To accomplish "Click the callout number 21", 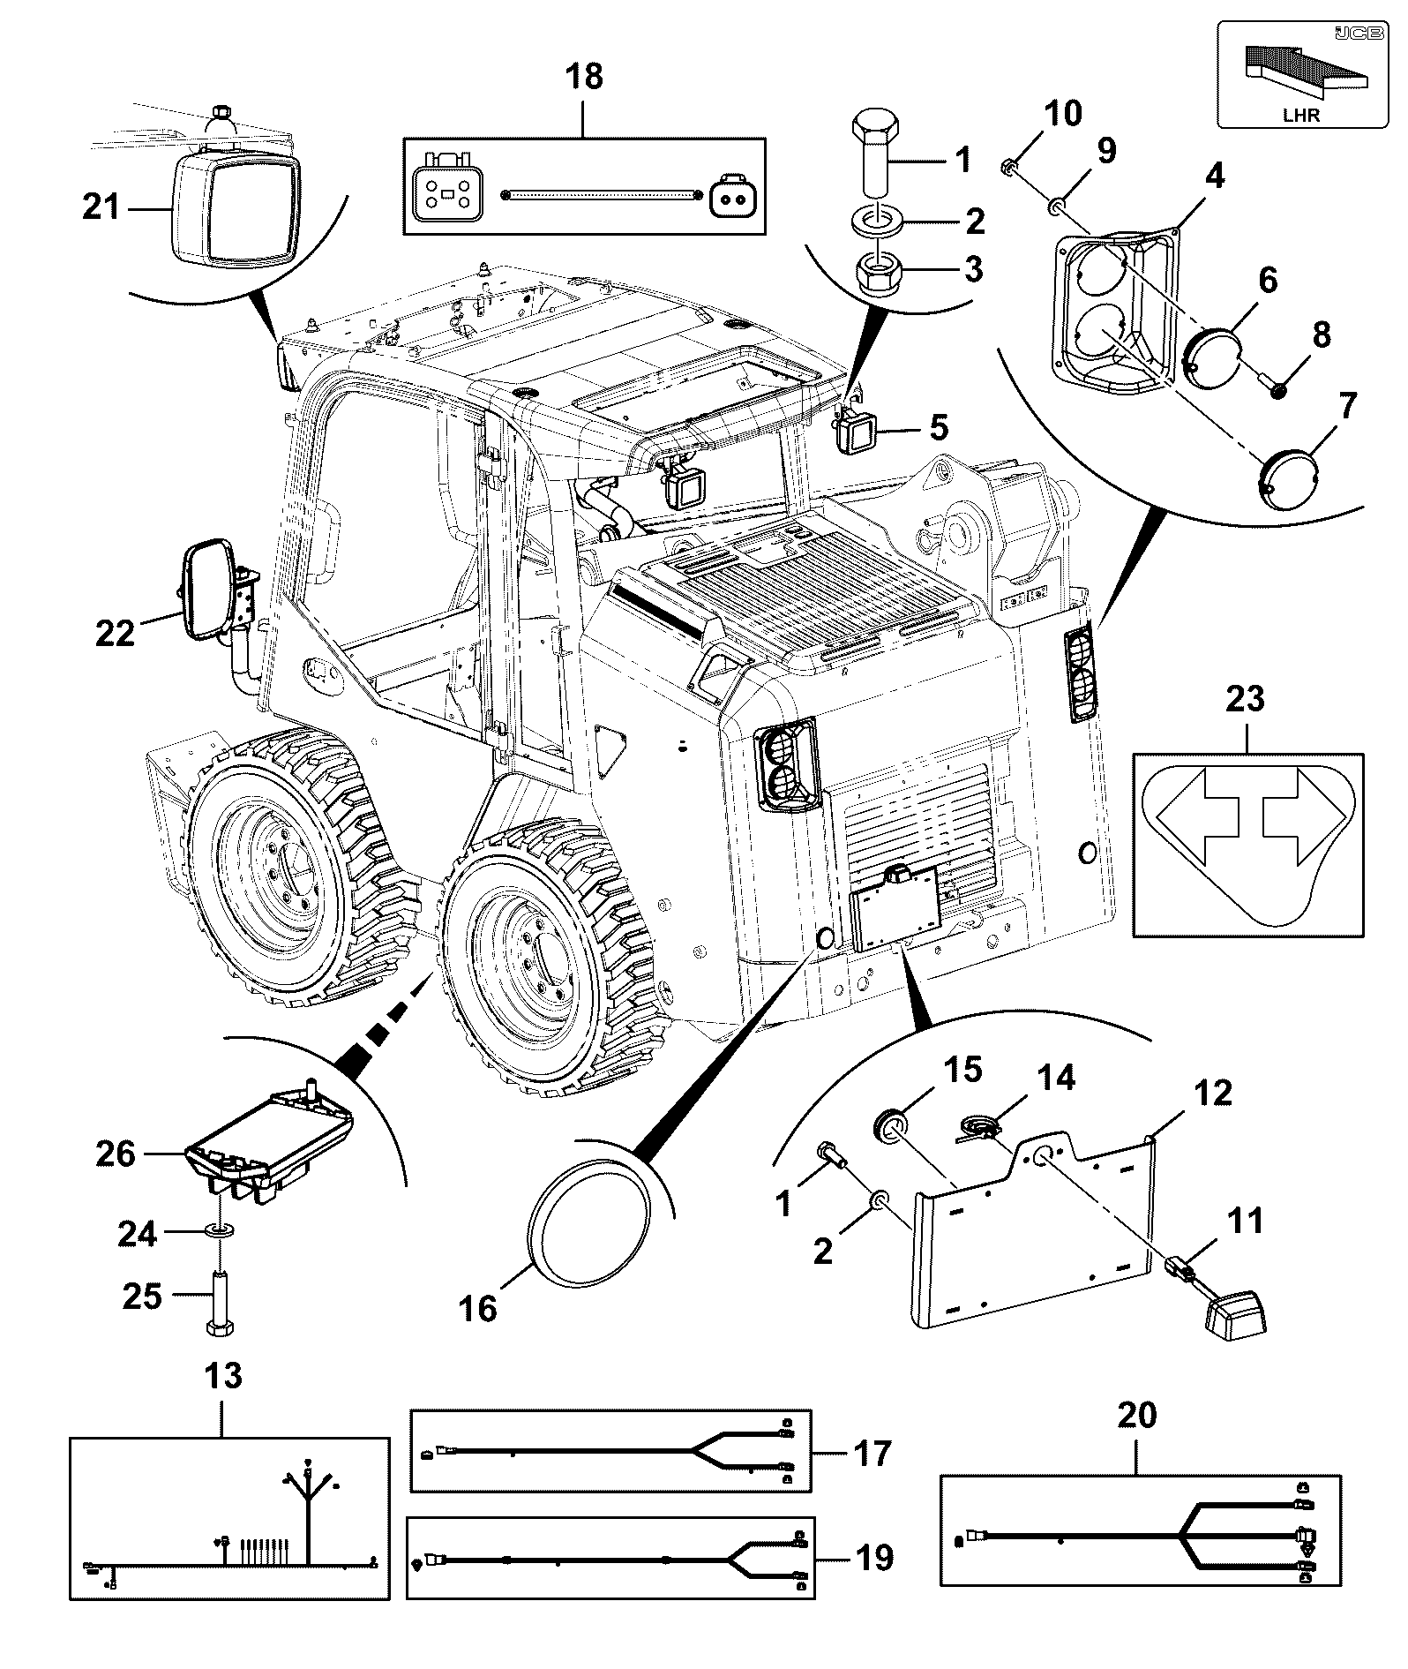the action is click(100, 210).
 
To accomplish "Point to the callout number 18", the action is click(584, 78).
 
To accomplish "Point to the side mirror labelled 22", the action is click(209, 590).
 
